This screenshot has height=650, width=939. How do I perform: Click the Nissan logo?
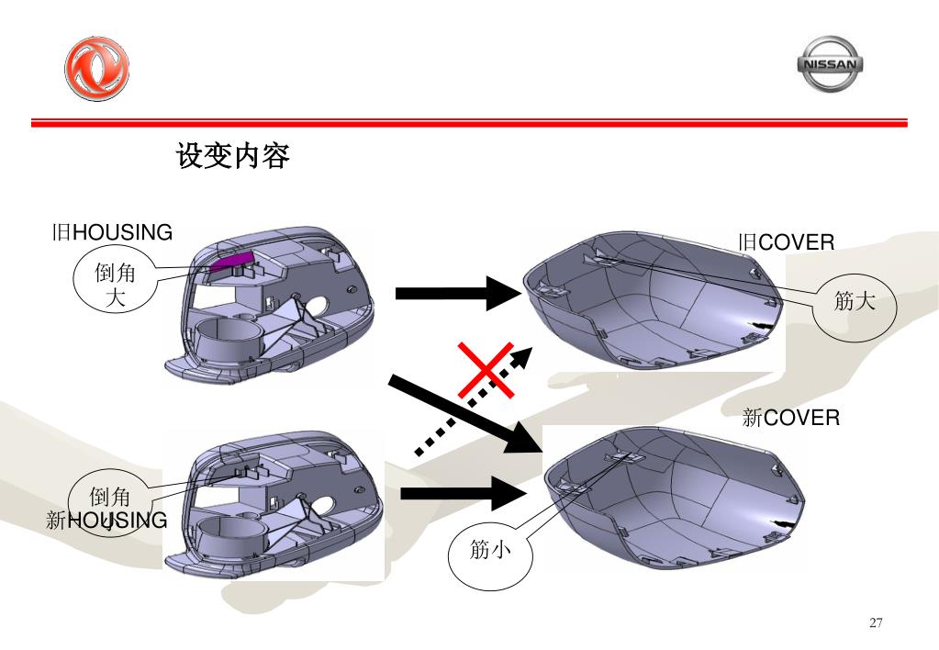[x=829, y=63]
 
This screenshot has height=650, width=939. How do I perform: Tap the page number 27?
[x=876, y=623]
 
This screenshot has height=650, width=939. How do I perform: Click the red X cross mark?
[x=486, y=370]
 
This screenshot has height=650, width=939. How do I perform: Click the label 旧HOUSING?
[x=112, y=232]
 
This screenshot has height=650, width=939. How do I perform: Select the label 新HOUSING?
[x=106, y=521]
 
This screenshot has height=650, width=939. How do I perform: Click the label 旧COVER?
[x=787, y=242]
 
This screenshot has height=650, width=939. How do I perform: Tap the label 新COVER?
[x=790, y=419]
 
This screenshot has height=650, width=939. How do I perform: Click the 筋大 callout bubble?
[x=855, y=302]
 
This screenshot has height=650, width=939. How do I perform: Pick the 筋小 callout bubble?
[x=489, y=550]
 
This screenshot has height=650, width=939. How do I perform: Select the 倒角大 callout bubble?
[x=116, y=286]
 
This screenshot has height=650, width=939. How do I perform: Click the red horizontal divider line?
[x=469, y=122]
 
